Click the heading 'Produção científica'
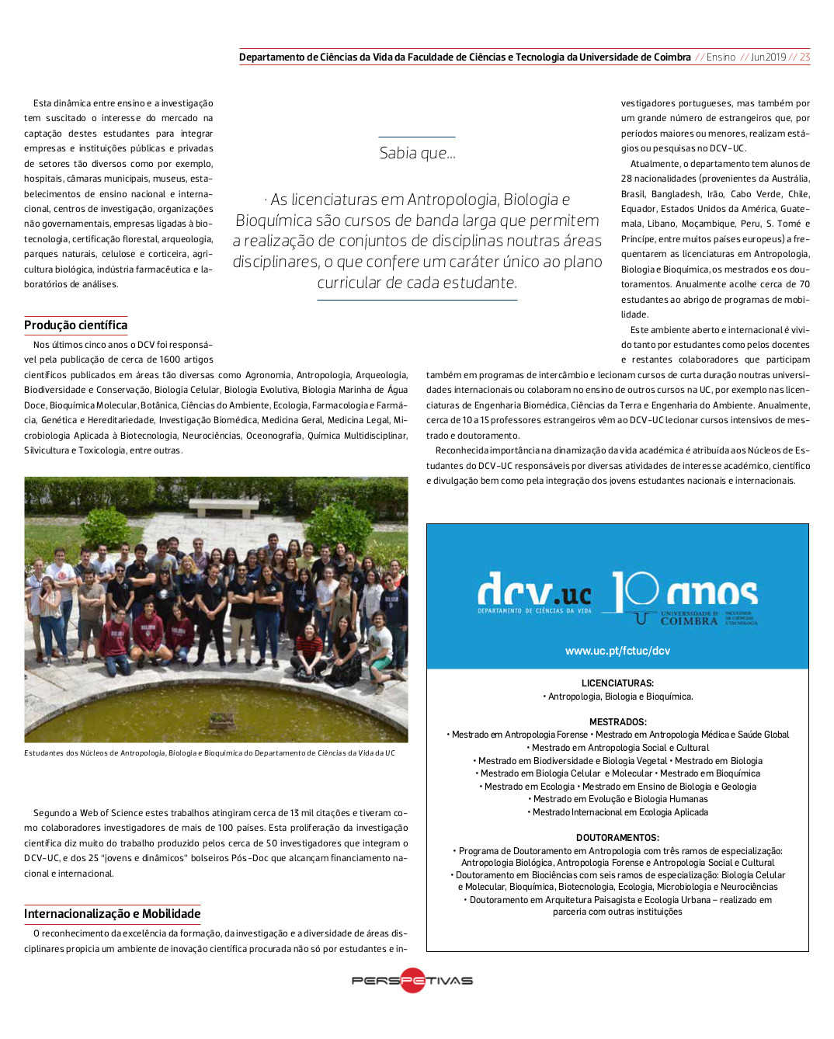pos(75,325)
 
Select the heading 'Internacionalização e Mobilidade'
pos(112,914)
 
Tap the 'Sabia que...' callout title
pos(417,153)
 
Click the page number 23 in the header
pos(804,57)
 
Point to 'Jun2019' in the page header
pos(768,57)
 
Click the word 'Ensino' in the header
pos(721,57)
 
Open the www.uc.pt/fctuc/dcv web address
pos(617,651)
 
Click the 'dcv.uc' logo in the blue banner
pos(534,593)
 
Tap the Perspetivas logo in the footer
pos(412,980)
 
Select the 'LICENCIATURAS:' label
pos(617,683)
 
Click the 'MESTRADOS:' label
pos(617,722)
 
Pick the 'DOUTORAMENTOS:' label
pos(617,838)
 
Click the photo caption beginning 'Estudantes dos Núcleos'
pos(210,753)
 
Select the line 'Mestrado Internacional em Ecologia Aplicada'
pos(618,812)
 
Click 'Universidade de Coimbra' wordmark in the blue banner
pos(689,619)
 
